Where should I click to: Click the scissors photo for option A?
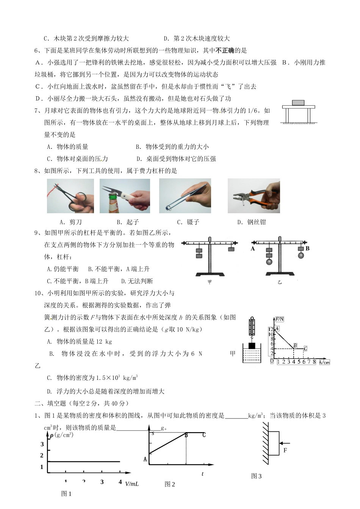pyautogui.click(x=70, y=196)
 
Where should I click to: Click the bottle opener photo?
pyautogui.click(x=125, y=196)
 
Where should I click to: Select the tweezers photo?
pyautogui.click(x=185, y=196)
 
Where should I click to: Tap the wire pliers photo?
pyautogui.click(x=254, y=196)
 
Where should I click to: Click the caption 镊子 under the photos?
pyautogui.click(x=193, y=222)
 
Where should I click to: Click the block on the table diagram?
pyautogui.click(x=298, y=103)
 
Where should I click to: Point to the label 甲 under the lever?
pyautogui.click(x=210, y=282)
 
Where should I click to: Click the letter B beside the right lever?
pyautogui.click(x=308, y=249)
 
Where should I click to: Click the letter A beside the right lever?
pyautogui.click(x=253, y=249)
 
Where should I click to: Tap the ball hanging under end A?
pyautogui.click(x=269, y=262)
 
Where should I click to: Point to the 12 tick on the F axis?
pyautogui.click(x=271, y=329)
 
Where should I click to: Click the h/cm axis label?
pyautogui.click(x=324, y=362)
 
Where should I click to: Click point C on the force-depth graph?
pyautogui.click(x=305, y=348)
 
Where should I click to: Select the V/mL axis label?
pyautogui.click(x=131, y=484)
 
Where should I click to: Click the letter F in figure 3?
pyautogui.click(x=285, y=451)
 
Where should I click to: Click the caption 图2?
pyautogui.click(x=170, y=484)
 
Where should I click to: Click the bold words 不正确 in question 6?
pyautogui.click(x=225, y=50)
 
